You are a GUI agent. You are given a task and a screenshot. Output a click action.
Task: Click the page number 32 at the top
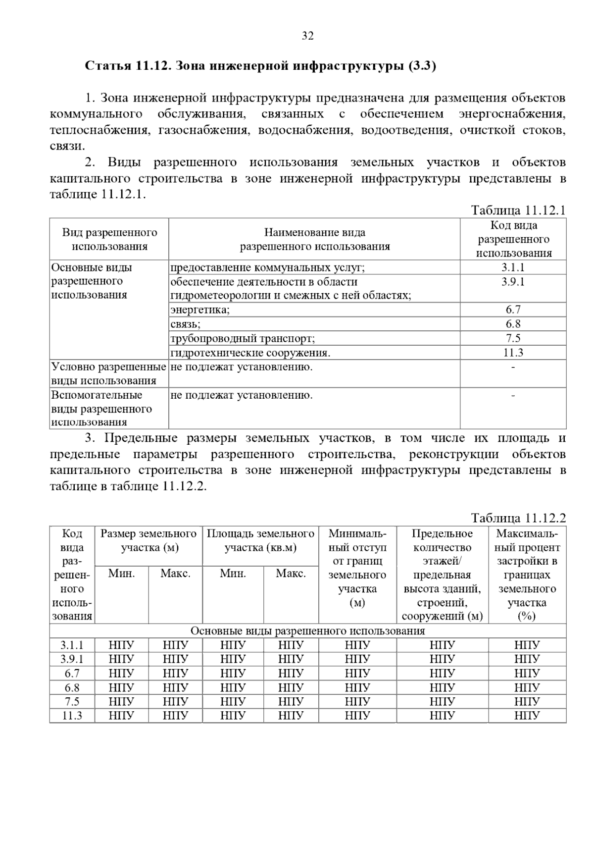(307, 36)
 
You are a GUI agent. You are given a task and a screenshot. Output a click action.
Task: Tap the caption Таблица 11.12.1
(518, 210)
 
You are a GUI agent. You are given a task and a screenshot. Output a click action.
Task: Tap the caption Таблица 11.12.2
(518, 518)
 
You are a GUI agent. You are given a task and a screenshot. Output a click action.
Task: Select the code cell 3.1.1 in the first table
(513, 267)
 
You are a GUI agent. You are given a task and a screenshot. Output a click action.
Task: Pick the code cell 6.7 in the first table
(513, 310)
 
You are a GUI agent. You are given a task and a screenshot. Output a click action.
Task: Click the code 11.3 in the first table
(513, 353)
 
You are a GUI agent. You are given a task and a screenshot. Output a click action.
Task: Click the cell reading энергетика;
(200, 310)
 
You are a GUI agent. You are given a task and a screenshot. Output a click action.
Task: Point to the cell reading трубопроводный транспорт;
(243, 339)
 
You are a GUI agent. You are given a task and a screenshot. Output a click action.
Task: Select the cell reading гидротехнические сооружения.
(250, 353)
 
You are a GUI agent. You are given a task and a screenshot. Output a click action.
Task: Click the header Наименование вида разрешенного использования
(314, 239)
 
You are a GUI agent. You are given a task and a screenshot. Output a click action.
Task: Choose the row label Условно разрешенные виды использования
(108, 374)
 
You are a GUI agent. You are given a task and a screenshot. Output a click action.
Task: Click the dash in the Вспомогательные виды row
(513, 395)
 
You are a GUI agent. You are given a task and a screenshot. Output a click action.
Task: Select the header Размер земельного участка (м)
(148, 540)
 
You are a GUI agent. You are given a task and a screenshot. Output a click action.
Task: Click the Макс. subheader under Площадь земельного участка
(291, 574)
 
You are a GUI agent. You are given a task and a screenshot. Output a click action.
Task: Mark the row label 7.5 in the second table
(72, 701)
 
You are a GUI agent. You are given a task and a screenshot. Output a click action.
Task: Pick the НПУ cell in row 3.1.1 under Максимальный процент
(527, 645)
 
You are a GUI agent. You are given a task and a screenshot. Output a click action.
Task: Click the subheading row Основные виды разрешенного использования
(307, 631)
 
